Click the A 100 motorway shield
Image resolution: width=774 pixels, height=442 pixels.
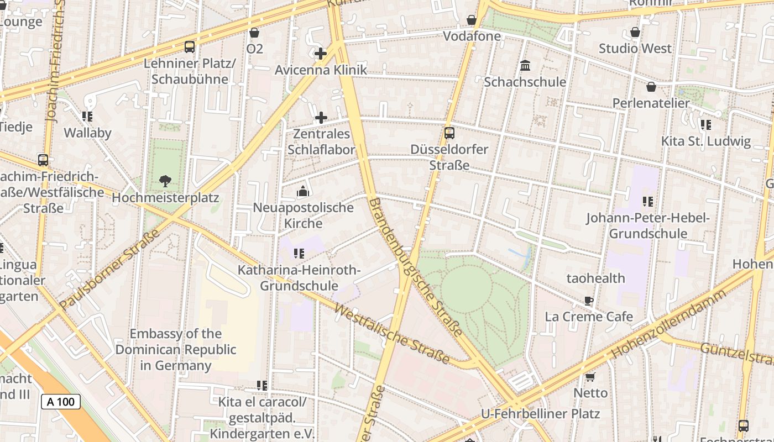point(61,402)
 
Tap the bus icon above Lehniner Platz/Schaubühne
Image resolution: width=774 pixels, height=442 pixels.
point(190,47)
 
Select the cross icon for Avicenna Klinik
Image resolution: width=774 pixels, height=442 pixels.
point(321,54)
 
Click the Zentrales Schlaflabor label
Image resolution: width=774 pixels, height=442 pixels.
point(321,142)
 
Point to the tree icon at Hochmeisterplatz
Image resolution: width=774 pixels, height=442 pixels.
point(165,181)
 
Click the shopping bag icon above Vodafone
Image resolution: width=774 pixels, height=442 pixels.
point(472,20)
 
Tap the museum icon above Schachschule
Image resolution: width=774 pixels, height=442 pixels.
point(525,66)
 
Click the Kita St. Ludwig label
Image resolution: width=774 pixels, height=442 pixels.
point(706,141)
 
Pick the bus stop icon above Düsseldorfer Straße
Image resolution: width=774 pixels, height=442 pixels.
point(449,133)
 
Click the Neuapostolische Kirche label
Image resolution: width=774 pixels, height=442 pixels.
point(303,215)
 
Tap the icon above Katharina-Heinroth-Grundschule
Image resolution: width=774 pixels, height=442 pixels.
point(299,254)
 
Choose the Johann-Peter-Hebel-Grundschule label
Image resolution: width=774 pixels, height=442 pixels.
point(648,226)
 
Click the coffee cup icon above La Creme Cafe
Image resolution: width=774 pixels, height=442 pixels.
point(589,301)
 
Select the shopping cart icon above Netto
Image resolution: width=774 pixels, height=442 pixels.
point(590,377)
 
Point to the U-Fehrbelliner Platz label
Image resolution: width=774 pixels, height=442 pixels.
point(540,414)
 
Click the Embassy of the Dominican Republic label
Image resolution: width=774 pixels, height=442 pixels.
point(176,350)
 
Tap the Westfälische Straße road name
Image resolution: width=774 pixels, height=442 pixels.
point(392,335)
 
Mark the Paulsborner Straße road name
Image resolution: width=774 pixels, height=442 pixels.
point(109,269)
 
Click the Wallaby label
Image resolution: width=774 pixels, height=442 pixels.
point(87,133)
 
